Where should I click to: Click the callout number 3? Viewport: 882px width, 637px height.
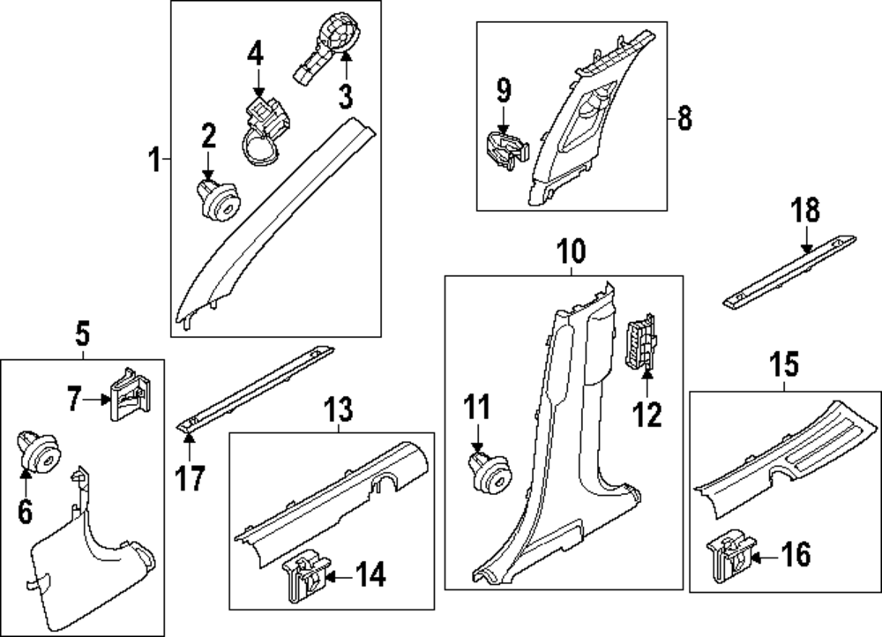[346, 95]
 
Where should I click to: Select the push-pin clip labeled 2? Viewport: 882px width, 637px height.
[219, 199]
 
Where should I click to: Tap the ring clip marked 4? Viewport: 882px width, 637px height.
[266, 131]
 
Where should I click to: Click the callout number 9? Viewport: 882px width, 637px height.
[504, 91]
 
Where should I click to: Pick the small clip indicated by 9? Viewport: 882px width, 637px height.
[507, 150]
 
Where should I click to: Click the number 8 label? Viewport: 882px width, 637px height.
[684, 119]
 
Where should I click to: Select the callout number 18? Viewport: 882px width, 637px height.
[805, 210]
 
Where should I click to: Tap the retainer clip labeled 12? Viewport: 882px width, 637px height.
[641, 342]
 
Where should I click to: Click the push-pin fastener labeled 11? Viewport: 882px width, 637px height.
[490, 473]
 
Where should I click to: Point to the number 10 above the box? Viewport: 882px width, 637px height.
[571, 251]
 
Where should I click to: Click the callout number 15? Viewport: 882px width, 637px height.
[785, 364]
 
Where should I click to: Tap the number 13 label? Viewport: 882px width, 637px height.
[340, 409]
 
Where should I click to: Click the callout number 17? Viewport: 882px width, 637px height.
[190, 478]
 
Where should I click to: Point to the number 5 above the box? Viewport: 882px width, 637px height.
[83, 334]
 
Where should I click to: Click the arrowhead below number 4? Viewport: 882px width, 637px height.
[258, 92]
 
